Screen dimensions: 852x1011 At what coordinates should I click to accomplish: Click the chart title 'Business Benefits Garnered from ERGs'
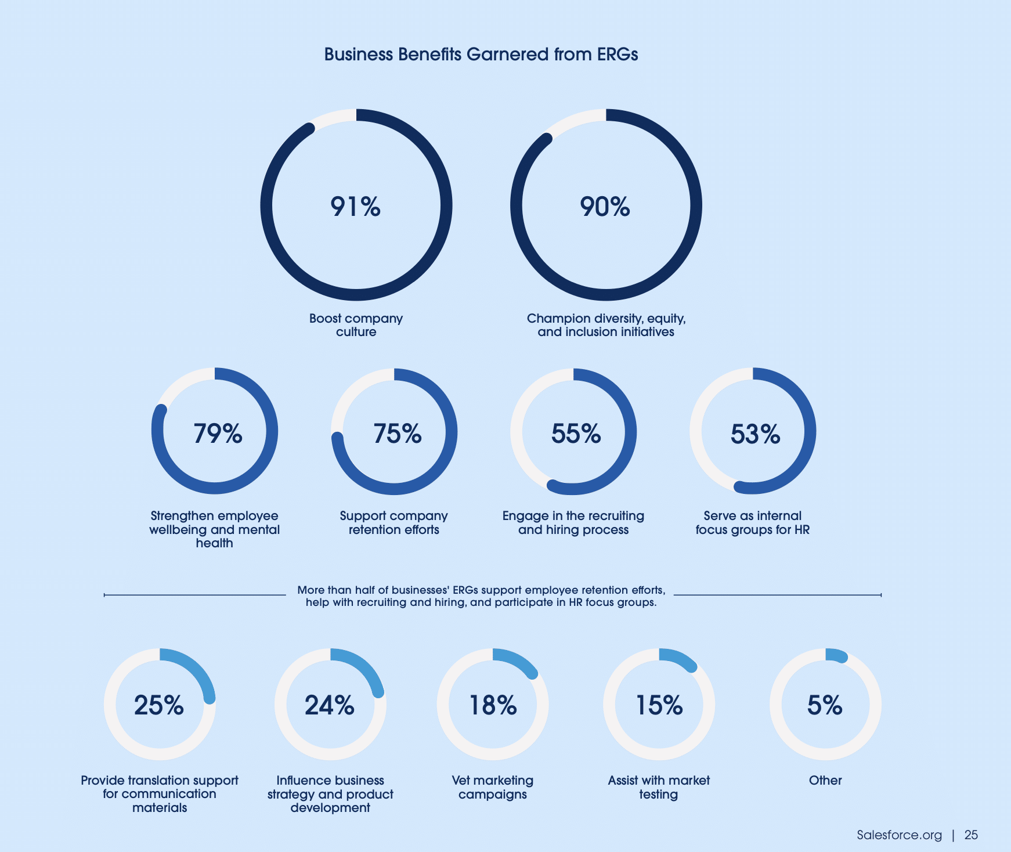pyautogui.click(x=481, y=55)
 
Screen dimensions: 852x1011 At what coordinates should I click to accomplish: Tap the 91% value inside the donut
pyautogui.click(x=355, y=207)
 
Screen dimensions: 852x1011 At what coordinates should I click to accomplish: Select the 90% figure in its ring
pyautogui.click(x=605, y=207)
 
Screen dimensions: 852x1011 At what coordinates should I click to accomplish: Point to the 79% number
pyautogui.click(x=218, y=434)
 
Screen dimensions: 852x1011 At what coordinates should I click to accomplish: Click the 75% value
pyautogui.click(x=397, y=434)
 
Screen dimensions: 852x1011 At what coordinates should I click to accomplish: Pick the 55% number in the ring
pyautogui.click(x=576, y=434)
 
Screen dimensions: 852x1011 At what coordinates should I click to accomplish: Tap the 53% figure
pyautogui.click(x=755, y=434)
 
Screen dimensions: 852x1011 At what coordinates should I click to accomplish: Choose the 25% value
pyautogui.click(x=159, y=705)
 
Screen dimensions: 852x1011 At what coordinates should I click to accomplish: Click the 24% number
pyautogui.click(x=330, y=705)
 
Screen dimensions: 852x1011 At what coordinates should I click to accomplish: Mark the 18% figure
pyautogui.click(x=492, y=705)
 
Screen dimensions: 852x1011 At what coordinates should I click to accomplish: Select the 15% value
pyautogui.click(x=659, y=705)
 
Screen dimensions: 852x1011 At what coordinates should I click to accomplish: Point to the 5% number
pyautogui.click(x=825, y=705)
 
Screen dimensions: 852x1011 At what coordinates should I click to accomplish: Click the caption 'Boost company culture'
pyautogui.click(x=356, y=325)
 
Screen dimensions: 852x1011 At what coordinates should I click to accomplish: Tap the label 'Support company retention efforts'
pyautogui.click(x=393, y=522)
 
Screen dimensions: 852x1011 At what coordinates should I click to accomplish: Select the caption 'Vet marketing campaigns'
pyautogui.click(x=492, y=787)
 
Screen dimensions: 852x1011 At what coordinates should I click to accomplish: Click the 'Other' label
pyautogui.click(x=825, y=781)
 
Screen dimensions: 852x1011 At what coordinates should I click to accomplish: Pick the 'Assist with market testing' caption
pyautogui.click(x=659, y=787)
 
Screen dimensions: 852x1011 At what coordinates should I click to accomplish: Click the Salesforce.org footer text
pyautogui.click(x=899, y=835)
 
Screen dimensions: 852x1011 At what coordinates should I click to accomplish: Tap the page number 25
pyautogui.click(x=971, y=835)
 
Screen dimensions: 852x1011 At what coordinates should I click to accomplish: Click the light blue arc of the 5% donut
pyautogui.click(x=836, y=655)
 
